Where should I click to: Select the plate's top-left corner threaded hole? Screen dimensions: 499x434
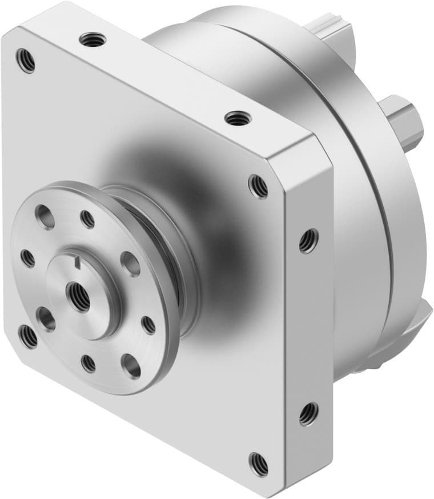pyautogui.click(x=26, y=60)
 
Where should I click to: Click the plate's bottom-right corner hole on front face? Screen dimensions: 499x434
pyautogui.click(x=259, y=464)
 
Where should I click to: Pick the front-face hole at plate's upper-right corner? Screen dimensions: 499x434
pyautogui.click(x=258, y=186)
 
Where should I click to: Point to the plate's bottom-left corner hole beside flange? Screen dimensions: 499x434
pyautogui.click(x=27, y=336)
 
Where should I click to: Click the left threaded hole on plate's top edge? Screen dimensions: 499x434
pyautogui.click(x=93, y=39)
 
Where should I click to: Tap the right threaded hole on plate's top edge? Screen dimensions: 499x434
pyautogui.click(x=238, y=118)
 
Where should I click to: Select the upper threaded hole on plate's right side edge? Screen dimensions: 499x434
pyautogui.click(x=308, y=241)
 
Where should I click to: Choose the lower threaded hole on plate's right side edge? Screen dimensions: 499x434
pyautogui.click(x=308, y=413)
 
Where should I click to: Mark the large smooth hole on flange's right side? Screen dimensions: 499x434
pyautogui.click(x=130, y=264)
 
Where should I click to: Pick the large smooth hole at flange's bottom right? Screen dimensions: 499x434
pyautogui.click(x=131, y=366)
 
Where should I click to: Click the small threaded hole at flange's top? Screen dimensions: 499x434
pyautogui.click(x=87, y=218)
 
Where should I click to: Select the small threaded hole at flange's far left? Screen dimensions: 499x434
pyautogui.click(x=27, y=258)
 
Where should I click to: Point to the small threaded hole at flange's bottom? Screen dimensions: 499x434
pyautogui.click(x=89, y=364)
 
